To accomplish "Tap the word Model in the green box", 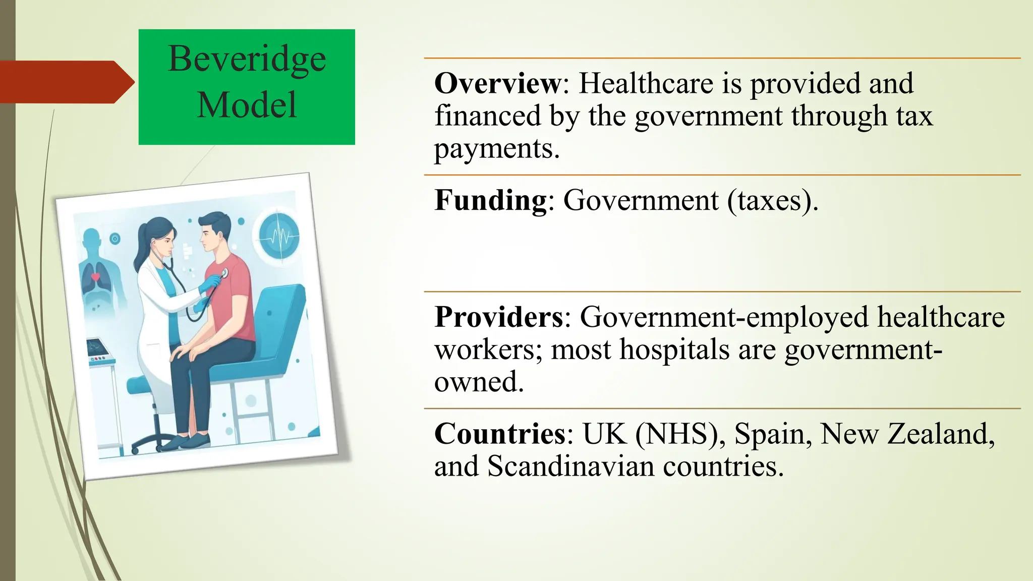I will coord(247,105).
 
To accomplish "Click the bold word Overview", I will coord(497,83).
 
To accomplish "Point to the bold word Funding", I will coord(491,200).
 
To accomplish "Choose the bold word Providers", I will coord(499,317).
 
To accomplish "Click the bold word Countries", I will coord(500,434).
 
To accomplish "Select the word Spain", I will coord(770,434).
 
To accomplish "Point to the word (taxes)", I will coord(772,200).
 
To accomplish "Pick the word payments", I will coord(496,149).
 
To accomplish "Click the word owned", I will coord(479,382).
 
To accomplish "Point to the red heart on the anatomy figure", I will coord(95,277).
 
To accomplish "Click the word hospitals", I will coord(674,350).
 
